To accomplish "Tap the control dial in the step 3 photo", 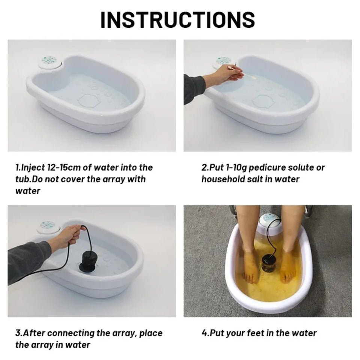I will coord(47,225).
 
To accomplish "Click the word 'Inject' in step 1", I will coord(32,167).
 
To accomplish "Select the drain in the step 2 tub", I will coord(264,101).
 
